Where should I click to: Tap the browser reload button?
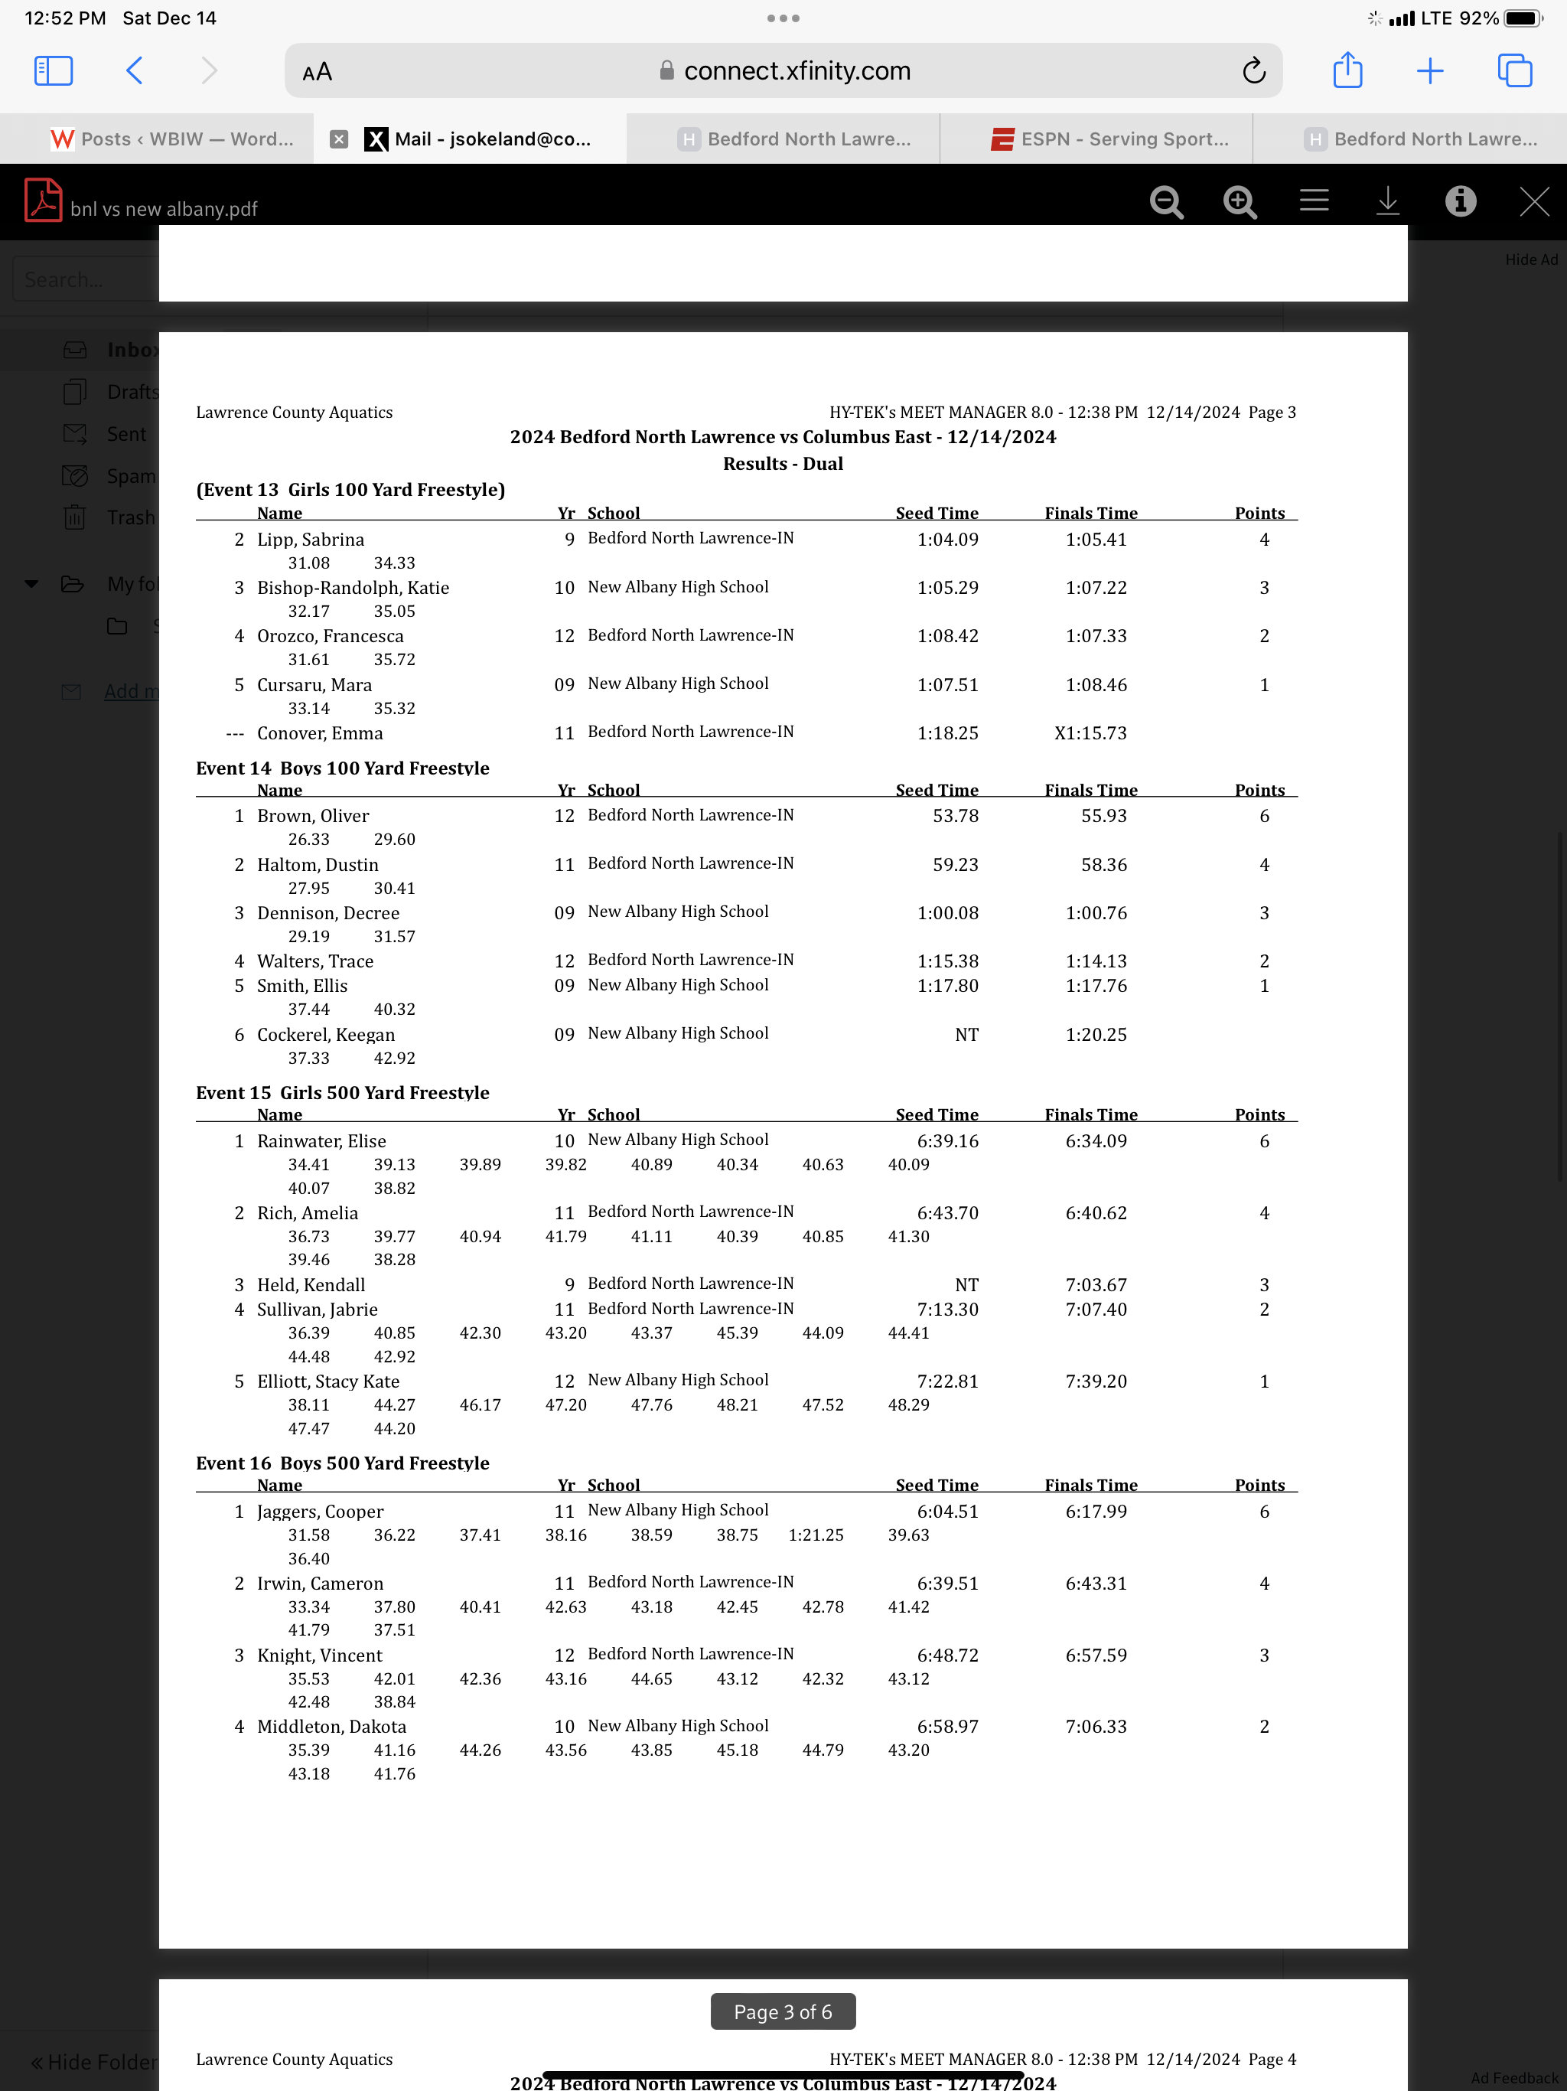tap(1253, 71)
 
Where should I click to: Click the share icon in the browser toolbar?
tap(1347, 71)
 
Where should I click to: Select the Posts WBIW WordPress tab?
tap(172, 139)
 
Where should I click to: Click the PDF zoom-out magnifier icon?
tap(1166, 201)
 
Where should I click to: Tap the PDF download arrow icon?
tap(1386, 201)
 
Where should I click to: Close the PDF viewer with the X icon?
tap(1533, 201)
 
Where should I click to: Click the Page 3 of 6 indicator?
tap(783, 2011)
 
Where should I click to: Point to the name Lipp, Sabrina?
tap(310, 540)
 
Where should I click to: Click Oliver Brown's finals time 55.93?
tap(1103, 816)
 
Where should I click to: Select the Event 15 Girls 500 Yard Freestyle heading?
tap(342, 1093)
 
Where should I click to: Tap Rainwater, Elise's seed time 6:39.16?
tap(947, 1141)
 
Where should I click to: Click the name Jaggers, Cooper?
tap(320, 1512)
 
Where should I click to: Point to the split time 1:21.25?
tap(816, 1535)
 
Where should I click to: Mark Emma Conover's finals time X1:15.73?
tap(1090, 733)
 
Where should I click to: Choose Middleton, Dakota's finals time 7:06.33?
tap(1096, 1726)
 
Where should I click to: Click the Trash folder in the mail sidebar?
tap(129, 518)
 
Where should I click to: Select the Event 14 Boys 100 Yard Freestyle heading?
tap(342, 768)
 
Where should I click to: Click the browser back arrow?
tap(134, 71)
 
